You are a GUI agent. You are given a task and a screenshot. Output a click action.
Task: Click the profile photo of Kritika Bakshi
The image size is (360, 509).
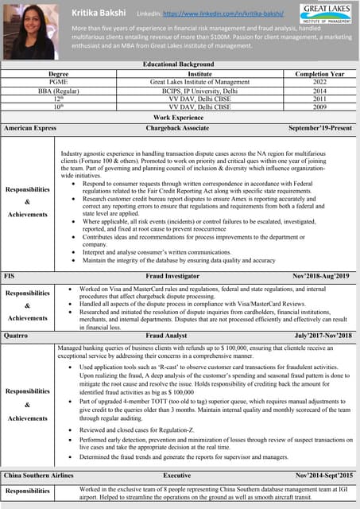(x=29, y=30)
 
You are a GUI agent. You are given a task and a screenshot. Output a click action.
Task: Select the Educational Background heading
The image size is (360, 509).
(x=179, y=64)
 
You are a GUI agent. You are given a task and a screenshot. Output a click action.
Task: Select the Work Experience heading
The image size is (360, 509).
(x=179, y=117)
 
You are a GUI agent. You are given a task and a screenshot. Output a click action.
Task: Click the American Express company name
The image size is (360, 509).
(x=30, y=127)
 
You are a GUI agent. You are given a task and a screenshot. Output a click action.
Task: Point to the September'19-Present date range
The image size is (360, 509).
(x=319, y=127)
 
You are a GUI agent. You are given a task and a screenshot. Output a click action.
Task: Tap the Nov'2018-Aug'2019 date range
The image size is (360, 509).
(x=320, y=275)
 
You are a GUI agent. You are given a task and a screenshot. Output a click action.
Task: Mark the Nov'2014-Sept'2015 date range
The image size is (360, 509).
(x=322, y=475)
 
